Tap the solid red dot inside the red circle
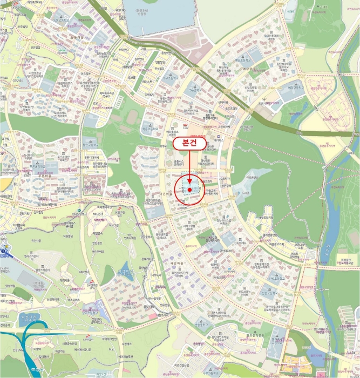pos(190,190)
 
